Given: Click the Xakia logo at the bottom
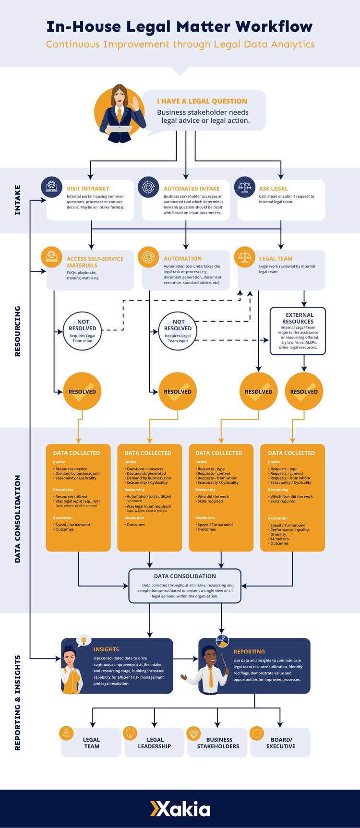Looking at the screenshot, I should tap(180, 809).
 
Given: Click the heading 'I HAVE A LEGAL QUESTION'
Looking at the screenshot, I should tap(202, 101).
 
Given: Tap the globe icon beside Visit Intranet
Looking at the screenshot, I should tap(52, 187).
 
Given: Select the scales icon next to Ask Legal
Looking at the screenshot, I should tap(245, 187).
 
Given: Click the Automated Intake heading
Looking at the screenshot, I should tap(191, 189).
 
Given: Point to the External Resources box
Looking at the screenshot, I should tap(298, 331).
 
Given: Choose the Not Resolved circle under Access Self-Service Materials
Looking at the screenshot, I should tap(83, 331).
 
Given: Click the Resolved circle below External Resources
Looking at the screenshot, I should tap(304, 391).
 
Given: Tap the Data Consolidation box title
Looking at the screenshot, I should tap(185, 576).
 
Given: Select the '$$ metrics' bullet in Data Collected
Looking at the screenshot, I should tap(279, 539).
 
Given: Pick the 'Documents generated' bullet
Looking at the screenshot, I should tap(146, 473).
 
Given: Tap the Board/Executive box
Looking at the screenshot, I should tap(280, 743).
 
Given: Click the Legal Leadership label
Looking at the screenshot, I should tap(155, 743).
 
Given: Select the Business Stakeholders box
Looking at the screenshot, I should tap(217, 743).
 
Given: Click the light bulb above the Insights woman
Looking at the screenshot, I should tap(84, 640).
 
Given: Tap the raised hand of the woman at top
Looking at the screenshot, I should tap(136, 102).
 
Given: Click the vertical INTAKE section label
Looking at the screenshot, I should tap(18, 200).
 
